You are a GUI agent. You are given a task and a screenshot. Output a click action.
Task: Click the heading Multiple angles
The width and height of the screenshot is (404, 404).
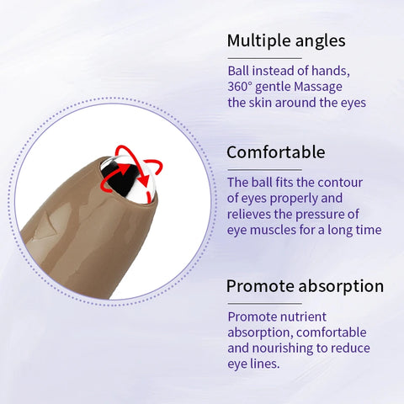[286, 41]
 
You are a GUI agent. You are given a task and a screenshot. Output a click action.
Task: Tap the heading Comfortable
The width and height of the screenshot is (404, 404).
[275, 152]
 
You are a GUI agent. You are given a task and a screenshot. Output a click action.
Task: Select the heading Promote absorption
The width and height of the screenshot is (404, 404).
[305, 286]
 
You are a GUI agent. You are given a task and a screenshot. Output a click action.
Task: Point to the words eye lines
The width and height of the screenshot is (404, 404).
[257, 364]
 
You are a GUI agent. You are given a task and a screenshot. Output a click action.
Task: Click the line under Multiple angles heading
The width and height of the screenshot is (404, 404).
[264, 57]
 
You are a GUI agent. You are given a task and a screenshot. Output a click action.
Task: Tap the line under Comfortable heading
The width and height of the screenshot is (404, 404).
[264, 168]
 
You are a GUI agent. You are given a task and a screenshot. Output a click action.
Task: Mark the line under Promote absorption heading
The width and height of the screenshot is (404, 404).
[264, 302]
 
